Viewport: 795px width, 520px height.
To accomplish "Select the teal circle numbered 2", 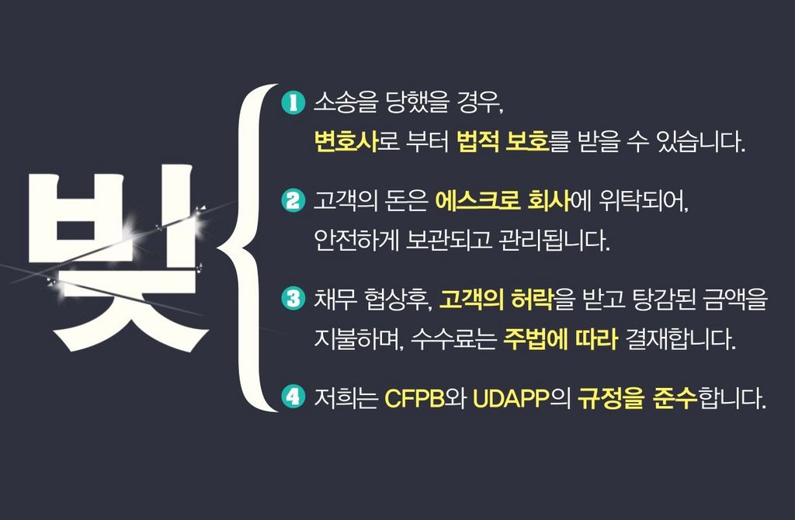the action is point(293,200).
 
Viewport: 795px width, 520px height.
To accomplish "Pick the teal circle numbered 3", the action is point(293,298).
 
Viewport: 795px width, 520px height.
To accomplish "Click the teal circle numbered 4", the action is point(293,397).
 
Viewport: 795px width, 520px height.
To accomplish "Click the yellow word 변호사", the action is point(346,142).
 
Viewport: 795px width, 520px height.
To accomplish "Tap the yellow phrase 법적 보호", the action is point(503,142).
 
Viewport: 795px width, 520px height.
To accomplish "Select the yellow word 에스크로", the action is point(477,201).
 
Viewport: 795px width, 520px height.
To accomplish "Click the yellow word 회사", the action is point(549,201).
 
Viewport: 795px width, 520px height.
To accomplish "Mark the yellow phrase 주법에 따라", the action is point(561,338).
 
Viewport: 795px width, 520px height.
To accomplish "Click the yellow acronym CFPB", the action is point(415,398).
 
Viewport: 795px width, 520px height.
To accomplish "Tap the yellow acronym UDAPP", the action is point(511,398).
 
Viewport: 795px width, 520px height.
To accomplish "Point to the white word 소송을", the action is point(346,103).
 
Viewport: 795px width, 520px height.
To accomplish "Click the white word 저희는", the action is point(346,398).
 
